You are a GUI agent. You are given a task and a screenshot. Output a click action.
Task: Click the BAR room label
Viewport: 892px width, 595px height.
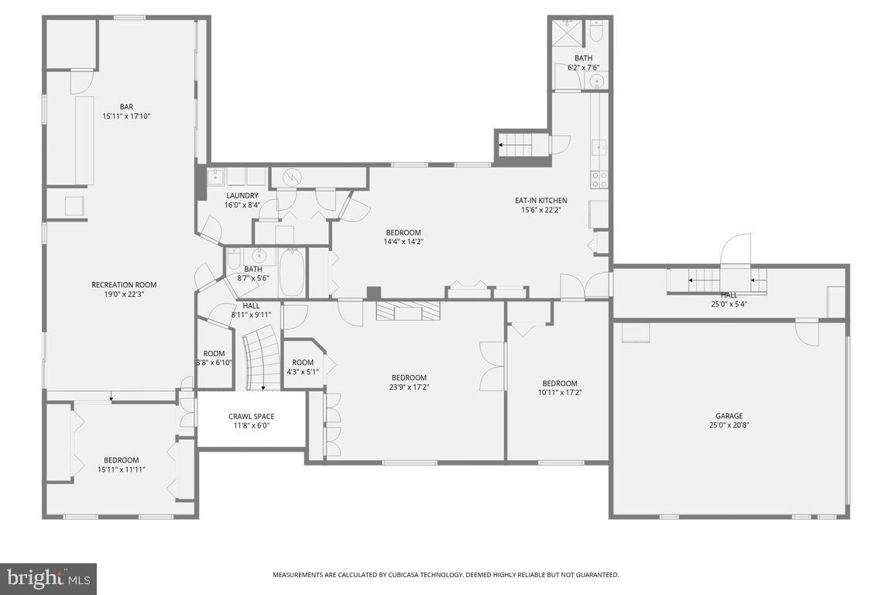click(125, 107)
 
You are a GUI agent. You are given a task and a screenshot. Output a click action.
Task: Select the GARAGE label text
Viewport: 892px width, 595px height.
click(729, 416)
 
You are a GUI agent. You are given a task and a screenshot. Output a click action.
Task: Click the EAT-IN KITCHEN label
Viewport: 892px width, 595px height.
click(540, 201)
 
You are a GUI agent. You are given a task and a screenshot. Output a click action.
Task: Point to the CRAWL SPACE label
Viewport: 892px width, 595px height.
click(251, 417)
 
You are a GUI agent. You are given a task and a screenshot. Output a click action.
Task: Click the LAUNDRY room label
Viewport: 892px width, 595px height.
click(242, 196)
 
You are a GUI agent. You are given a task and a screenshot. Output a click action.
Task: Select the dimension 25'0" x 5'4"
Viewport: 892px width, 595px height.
click(729, 304)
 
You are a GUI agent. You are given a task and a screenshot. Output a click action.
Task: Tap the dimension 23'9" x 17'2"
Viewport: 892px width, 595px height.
click(409, 387)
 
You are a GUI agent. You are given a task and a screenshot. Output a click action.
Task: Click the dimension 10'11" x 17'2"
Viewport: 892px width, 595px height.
click(559, 393)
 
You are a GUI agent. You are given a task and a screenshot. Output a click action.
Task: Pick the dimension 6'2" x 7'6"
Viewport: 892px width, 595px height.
click(583, 67)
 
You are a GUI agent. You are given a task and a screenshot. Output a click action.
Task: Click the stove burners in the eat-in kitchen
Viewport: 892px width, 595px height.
click(599, 180)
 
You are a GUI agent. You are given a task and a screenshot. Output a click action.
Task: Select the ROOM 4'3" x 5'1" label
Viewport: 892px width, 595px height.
click(303, 363)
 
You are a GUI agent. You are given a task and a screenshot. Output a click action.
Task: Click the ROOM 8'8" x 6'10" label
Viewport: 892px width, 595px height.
click(214, 354)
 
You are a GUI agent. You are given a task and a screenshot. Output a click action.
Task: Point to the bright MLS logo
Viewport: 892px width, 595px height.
click(48, 578)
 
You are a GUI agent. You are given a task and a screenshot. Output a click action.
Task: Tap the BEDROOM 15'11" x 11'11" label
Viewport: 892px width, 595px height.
click(122, 460)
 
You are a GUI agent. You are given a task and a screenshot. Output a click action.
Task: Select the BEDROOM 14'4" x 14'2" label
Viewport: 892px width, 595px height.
click(403, 232)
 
